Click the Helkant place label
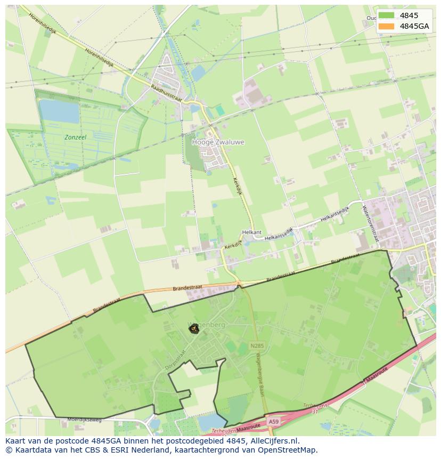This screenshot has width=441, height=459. [252, 232]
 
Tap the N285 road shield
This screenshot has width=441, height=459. [256, 346]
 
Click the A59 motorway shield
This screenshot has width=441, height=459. [273, 422]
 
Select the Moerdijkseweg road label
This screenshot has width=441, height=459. [84, 420]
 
